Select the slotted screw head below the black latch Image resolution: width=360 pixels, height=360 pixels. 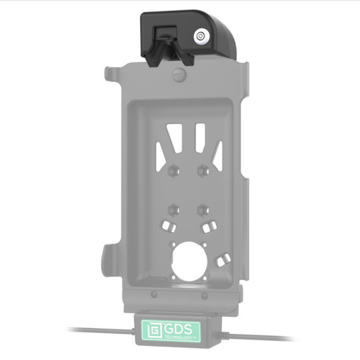178,75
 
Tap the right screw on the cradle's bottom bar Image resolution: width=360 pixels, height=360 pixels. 204,296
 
